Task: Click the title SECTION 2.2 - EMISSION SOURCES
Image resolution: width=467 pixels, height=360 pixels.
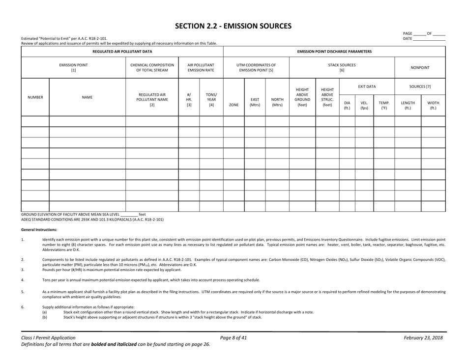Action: [x=233, y=26]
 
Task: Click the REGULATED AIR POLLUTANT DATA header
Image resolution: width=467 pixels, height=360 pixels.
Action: [x=122, y=52]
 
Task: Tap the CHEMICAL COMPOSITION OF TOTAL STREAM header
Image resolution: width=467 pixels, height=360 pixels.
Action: [x=152, y=67]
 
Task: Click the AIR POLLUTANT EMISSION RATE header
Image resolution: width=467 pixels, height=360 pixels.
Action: [x=201, y=67]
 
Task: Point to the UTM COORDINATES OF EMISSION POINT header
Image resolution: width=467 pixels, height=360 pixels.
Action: [x=256, y=67]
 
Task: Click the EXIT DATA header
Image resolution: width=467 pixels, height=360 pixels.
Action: [x=367, y=86]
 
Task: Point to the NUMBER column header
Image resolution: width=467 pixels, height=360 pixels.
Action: [x=35, y=97]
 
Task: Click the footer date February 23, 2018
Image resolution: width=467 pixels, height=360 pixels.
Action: [x=423, y=338]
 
